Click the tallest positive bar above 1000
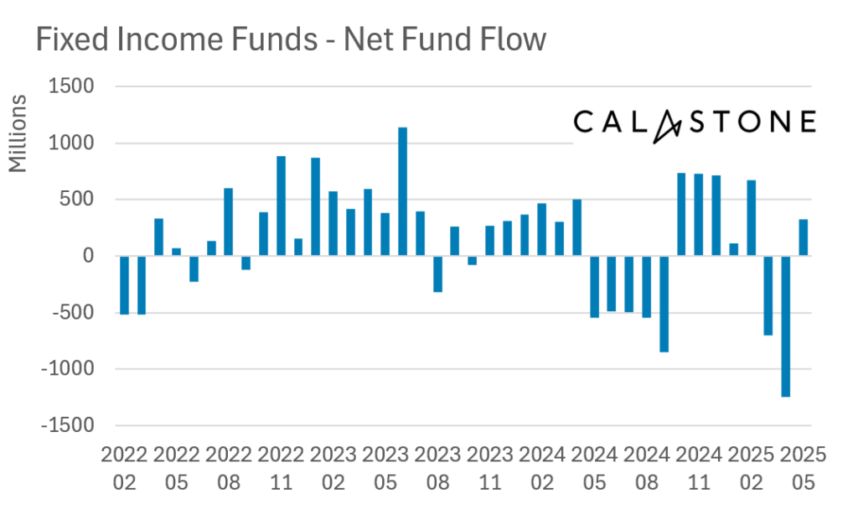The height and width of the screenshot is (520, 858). tap(403, 191)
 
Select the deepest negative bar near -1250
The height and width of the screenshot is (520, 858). tap(786, 326)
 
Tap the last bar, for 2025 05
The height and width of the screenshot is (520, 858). tap(804, 237)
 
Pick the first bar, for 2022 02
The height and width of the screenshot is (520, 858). tap(124, 285)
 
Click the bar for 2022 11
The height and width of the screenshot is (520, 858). tap(282, 205)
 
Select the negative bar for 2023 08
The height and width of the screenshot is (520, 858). tap(437, 273)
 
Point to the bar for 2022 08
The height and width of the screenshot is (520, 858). tap(229, 221)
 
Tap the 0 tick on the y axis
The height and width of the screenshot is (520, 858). tap(86, 257)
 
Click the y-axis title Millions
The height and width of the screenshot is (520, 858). tap(18, 134)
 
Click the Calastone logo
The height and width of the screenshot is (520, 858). tap(694, 122)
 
